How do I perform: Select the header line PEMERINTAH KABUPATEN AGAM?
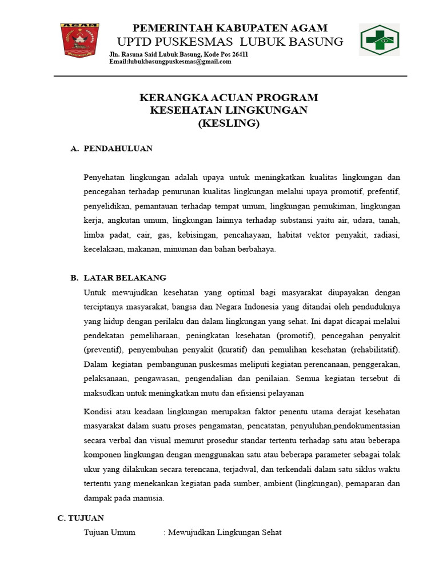(x=230, y=28)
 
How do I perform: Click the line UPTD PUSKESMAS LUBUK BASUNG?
(x=230, y=42)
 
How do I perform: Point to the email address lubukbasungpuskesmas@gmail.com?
(x=170, y=62)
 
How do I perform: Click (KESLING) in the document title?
(x=229, y=123)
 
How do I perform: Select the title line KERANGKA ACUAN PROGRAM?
(x=229, y=98)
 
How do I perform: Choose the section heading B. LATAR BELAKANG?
(x=118, y=278)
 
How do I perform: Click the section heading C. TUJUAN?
(x=81, y=518)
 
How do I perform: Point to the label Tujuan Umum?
(x=110, y=532)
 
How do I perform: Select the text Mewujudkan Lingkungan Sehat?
(x=225, y=532)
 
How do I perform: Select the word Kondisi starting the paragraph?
(x=97, y=412)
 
